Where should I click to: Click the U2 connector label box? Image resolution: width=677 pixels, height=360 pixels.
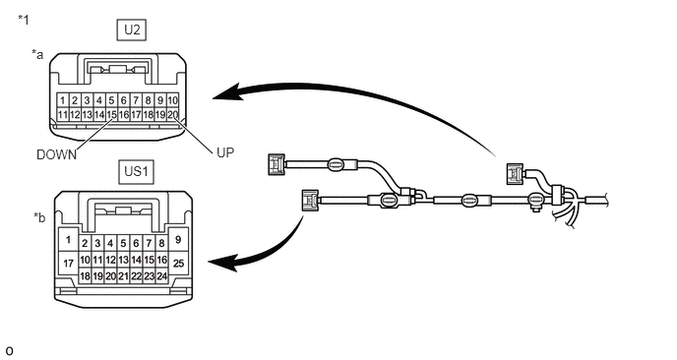coord(132,30)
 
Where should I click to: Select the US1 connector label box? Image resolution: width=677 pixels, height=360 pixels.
coord(136,171)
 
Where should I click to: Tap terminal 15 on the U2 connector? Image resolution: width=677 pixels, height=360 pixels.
coord(111,115)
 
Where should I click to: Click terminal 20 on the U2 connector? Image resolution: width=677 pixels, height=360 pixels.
coord(173,115)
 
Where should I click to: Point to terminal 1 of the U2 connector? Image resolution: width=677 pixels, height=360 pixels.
coord(63,100)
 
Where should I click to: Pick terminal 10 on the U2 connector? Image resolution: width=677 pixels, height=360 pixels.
coord(173,100)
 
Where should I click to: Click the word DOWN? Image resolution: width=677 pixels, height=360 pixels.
coord(56,155)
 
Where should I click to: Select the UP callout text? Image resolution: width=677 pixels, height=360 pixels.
coord(225,152)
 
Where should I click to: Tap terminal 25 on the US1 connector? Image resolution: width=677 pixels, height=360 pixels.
coord(178,263)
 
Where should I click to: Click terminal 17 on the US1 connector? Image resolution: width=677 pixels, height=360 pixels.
coord(69,263)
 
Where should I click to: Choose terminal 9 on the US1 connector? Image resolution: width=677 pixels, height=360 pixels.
coord(178,240)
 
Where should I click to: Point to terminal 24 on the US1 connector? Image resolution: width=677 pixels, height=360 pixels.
coord(162,276)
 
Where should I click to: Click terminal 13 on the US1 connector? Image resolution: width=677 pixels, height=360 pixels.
coord(123,260)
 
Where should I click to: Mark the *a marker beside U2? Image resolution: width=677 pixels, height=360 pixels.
coord(37,55)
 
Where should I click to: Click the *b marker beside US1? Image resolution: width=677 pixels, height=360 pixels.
coord(39,217)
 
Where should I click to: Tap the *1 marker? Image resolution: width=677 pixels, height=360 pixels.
coord(24,20)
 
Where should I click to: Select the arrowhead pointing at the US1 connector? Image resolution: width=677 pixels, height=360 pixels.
coord(223,263)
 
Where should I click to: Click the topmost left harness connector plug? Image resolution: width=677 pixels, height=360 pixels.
coord(277,164)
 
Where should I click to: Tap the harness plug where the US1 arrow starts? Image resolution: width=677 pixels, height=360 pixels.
coord(310,201)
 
